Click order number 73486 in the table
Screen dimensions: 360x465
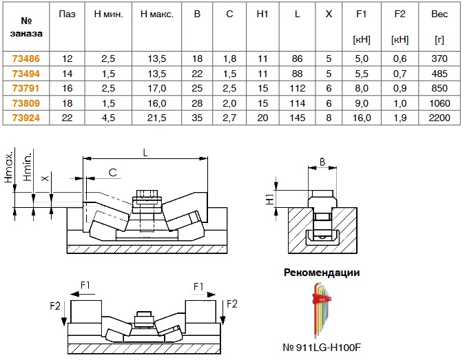click(25, 60)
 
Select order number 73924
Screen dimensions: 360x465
click(25, 118)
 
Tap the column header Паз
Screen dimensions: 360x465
click(67, 14)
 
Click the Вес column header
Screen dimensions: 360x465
click(439, 14)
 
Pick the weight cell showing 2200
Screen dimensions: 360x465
click(439, 118)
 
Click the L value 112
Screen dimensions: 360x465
click(297, 89)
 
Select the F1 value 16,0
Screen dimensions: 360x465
click(362, 118)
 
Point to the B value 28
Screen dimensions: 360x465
click(198, 103)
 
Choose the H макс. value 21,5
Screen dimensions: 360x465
click(158, 118)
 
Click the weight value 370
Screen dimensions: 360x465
click(439, 60)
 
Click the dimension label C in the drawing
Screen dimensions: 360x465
click(112, 172)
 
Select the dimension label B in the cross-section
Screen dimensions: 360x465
click(321, 162)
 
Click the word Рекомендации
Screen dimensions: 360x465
click(322, 272)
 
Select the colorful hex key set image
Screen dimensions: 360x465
click(322, 308)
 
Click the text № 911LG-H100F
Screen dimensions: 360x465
click(322, 348)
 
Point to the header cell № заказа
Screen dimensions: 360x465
click(25, 25)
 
